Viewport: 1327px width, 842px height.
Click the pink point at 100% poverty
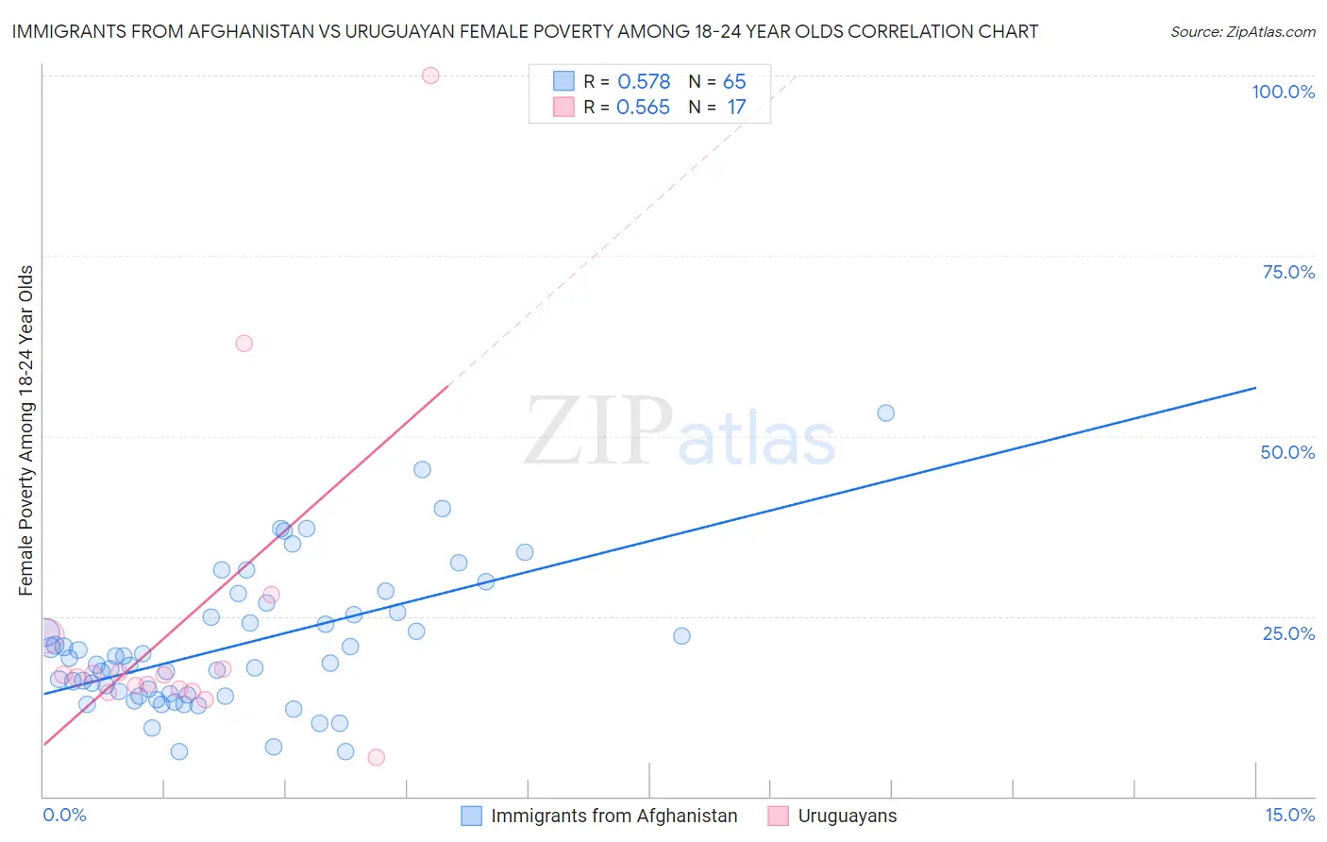pyautogui.click(x=430, y=76)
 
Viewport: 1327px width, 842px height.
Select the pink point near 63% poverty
pyautogui.click(x=244, y=344)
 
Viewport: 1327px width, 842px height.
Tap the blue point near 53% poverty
pyautogui.click(x=885, y=413)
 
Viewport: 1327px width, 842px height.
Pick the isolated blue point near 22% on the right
pyautogui.click(x=681, y=636)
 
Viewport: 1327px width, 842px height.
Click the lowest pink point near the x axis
pyautogui.click(x=376, y=757)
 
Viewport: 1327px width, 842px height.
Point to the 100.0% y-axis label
pyautogui.click(x=1283, y=92)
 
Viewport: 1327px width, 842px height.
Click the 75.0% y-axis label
pyautogui.click(x=1288, y=272)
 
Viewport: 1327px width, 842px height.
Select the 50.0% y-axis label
pyautogui.click(x=1287, y=452)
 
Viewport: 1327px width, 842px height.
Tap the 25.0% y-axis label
pyautogui.click(x=1288, y=632)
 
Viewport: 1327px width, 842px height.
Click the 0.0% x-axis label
pyautogui.click(x=64, y=815)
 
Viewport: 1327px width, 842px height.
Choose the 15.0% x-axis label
pyautogui.click(x=1289, y=815)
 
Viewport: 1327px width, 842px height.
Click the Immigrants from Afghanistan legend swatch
pyautogui.click(x=472, y=816)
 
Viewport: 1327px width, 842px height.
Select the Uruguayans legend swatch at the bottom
pyautogui.click(x=779, y=816)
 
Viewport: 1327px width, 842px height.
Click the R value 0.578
pyautogui.click(x=644, y=82)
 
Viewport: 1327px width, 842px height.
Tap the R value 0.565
pyautogui.click(x=643, y=108)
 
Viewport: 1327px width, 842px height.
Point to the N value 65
pyautogui.click(x=734, y=82)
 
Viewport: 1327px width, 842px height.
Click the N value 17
pyautogui.click(x=736, y=108)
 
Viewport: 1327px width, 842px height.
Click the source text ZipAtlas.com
pyautogui.click(x=1243, y=32)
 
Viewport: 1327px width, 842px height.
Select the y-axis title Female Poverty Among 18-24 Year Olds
pyautogui.click(x=26, y=430)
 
